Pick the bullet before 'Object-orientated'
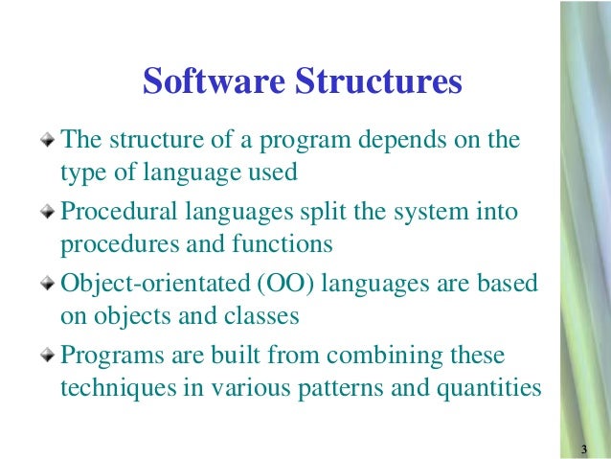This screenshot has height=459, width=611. [x=50, y=285]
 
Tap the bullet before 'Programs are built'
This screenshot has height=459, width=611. [x=50, y=356]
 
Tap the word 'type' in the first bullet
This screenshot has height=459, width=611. [x=80, y=174]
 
